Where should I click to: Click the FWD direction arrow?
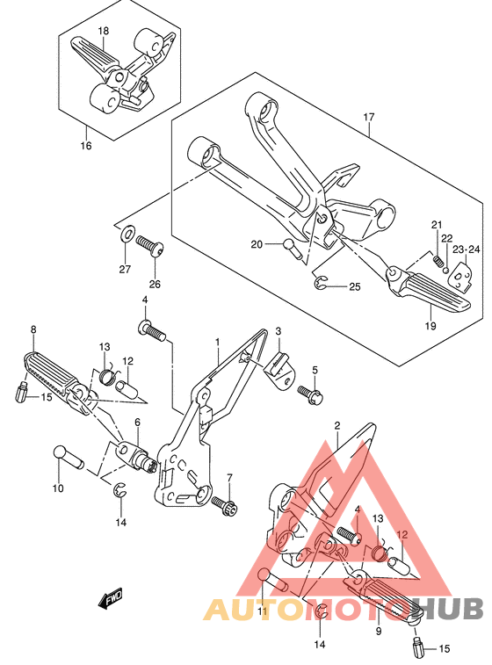pyautogui.click(x=110, y=597)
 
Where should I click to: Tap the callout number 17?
pyautogui.click(x=369, y=117)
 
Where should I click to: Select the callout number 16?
pyautogui.click(x=86, y=146)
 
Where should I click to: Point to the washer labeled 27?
pyautogui.click(x=127, y=234)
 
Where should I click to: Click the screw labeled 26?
pyautogui.click(x=150, y=247)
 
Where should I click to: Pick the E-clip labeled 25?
pyautogui.click(x=321, y=283)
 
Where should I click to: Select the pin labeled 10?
pyautogui.click(x=69, y=458)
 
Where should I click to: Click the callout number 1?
pyautogui.click(x=218, y=342)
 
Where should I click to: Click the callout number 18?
pyautogui.click(x=103, y=31)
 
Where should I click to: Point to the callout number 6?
pyautogui.click(x=137, y=422)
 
